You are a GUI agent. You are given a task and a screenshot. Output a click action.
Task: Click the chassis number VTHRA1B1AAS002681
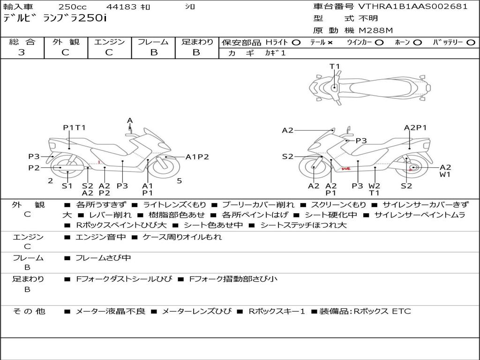(x=413, y=7)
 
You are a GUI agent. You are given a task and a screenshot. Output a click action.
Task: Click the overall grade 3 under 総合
(x=22, y=52)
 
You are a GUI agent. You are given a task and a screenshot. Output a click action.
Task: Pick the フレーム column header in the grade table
(x=153, y=42)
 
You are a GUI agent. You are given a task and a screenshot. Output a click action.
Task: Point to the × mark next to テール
(x=330, y=43)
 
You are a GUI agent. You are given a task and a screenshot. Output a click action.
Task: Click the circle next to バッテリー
(x=471, y=43)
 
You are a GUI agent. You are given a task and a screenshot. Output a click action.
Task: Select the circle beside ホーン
(x=418, y=43)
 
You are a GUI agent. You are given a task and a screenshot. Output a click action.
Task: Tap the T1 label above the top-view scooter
(x=335, y=67)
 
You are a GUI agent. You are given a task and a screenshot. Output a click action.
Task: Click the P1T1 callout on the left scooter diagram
(x=75, y=127)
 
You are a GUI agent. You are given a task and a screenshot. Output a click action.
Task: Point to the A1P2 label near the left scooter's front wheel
(x=197, y=157)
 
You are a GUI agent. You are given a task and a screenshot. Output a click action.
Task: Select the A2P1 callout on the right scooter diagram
(x=415, y=127)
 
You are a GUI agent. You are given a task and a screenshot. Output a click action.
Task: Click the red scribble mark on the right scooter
(x=346, y=168)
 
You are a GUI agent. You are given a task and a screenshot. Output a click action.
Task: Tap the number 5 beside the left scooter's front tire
(x=180, y=180)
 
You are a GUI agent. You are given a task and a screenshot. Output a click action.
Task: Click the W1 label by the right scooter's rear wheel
(x=445, y=174)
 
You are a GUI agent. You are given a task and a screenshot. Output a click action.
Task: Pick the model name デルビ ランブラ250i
(x=55, y=18)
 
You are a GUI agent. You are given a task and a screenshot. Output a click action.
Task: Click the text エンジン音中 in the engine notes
(x=100, y=237)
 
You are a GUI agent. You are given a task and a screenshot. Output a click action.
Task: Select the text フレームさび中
(x=103, y=258)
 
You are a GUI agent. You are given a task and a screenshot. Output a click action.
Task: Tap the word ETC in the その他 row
(x=401, y=311)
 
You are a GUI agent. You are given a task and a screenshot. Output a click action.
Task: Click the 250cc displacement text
(x=73, y=7)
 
